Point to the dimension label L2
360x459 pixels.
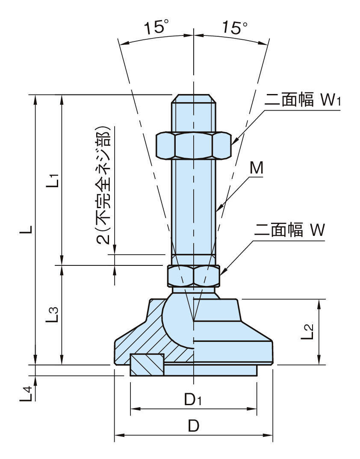(308, 332)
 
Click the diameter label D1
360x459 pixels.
(193, 400)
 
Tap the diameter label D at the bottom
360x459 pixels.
(193, 426)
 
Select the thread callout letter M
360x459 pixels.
(256, 169)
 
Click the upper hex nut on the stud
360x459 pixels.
(193, 145)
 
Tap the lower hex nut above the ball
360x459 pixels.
(193, 276)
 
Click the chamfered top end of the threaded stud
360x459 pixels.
(193, 98)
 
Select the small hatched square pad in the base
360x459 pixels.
(147, 365)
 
